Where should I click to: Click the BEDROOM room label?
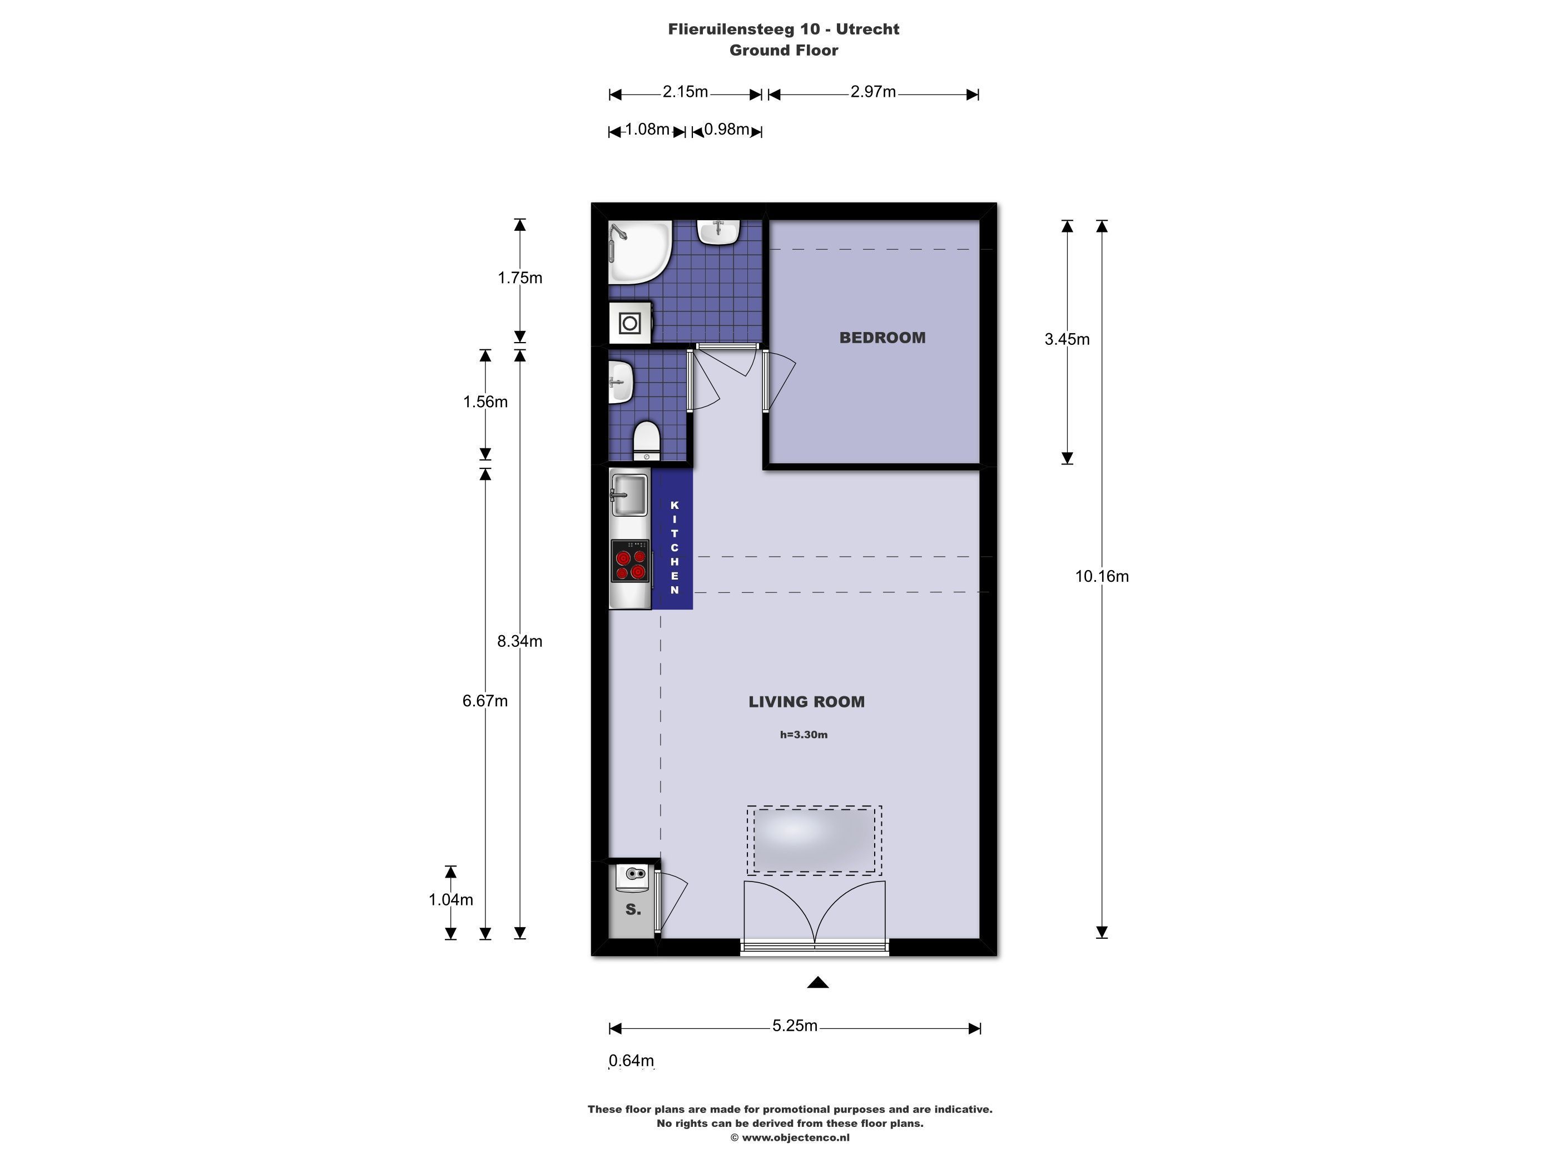click(882, 338)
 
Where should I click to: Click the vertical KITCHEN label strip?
click(673, 547)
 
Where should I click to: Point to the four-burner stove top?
click(630, 561)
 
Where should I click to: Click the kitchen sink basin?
click(629, 494)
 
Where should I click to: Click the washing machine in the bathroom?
click(630, 323)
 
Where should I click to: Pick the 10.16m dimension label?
click(1102, 577)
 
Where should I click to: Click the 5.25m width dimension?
click(795, 1026)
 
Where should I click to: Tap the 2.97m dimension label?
click(873, 92)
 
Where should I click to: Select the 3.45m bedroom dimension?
click(1067, 339)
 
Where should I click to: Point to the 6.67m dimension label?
click(485, 701)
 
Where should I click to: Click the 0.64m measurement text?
click(631, 1060)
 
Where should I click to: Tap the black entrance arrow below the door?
click(817, 983)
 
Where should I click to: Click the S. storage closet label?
click(633, 909)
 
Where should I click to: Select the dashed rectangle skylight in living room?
click(815, 840)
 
